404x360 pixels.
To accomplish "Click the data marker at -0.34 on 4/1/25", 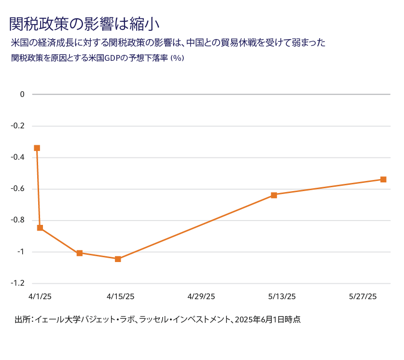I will point(37,148).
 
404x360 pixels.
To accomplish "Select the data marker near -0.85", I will point(40,228).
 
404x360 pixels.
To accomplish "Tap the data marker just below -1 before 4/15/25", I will point(80,253).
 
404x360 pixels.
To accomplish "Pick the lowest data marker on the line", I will point(118,259).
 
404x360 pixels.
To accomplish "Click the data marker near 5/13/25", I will point(274,195).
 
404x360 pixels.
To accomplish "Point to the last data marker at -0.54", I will point(383,180).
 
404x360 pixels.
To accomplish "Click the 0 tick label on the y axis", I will point(22,94).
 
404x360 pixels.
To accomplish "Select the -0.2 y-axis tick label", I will point(18,126).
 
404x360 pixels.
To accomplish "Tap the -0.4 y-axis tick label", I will point(18,157).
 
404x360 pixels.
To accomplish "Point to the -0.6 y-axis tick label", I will point(18,189).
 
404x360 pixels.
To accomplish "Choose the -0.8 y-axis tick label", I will point(18,220).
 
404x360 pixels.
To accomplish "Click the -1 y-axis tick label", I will point(20,252).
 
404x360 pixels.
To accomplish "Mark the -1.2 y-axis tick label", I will point(18,283).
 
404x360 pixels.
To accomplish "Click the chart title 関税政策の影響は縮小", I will point(84,23).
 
